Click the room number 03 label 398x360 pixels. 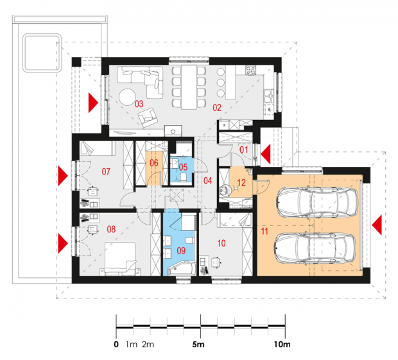[x=139, y=104]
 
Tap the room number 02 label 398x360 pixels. [x=217, y=108]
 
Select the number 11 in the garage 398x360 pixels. [x=264, y=232]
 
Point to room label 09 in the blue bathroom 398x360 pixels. [x=181, y=251]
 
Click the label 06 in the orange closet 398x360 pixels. [x=154, y=163]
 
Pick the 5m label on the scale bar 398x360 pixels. [x=198, y=345]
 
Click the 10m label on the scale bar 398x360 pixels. [x=282, y=345]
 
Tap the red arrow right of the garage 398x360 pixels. [x=377, y=225]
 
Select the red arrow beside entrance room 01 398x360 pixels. [x=266, y=154]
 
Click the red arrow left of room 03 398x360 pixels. [x=93, y=103]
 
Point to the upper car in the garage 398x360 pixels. [x=318, y=201]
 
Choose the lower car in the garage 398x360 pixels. [x=315, y=248]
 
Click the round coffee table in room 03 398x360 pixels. [x=128, y=97]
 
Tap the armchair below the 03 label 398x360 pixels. [x=148, y=117]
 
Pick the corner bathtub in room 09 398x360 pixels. [x=182, y=269]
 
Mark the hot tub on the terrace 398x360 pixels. [x=42, y=53]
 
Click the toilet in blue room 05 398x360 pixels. [x=184, y=177]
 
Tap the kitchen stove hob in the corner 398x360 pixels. [x=251, y=70]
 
